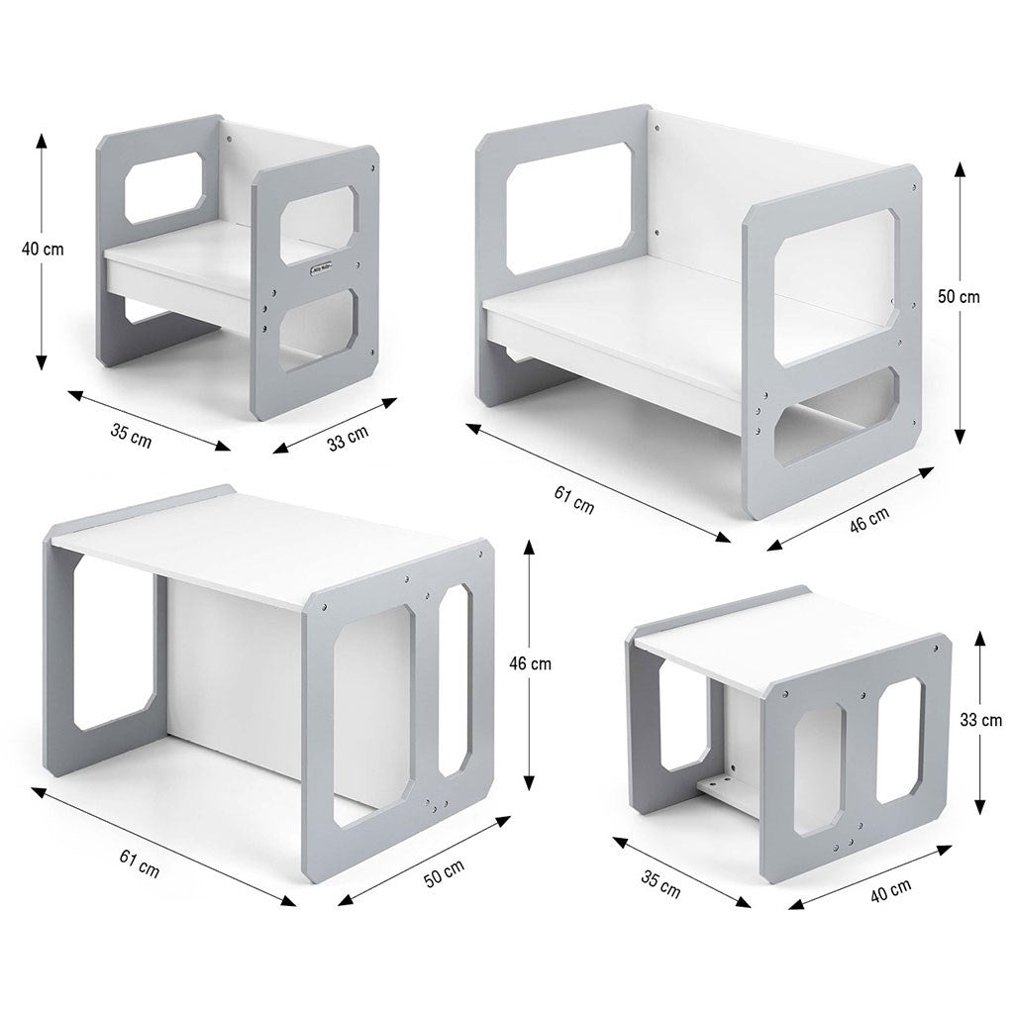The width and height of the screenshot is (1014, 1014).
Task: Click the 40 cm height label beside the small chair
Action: click(43, 249)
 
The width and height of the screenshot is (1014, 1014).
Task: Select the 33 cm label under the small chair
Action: click(348, 438)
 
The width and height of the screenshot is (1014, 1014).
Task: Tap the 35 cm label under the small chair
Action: click(132, 436)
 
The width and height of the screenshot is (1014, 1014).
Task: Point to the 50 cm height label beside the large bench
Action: click(959, 297)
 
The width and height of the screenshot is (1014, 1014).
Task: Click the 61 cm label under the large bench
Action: click(573, 500)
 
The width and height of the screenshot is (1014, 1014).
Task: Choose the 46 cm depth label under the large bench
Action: click(869, 519)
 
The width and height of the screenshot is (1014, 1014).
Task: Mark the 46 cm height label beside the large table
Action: click(531, 663)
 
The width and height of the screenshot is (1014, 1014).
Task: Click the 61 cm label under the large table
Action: click(139, 863)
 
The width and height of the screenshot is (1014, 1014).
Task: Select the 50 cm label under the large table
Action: click(445, 873)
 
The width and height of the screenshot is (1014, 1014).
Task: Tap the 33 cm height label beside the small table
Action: click(981, 720)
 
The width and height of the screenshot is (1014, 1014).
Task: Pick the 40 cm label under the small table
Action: click(890, 890)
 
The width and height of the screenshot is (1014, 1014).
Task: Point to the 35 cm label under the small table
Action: click(660, 884)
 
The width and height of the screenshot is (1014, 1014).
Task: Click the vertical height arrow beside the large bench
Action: click(961, 303)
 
